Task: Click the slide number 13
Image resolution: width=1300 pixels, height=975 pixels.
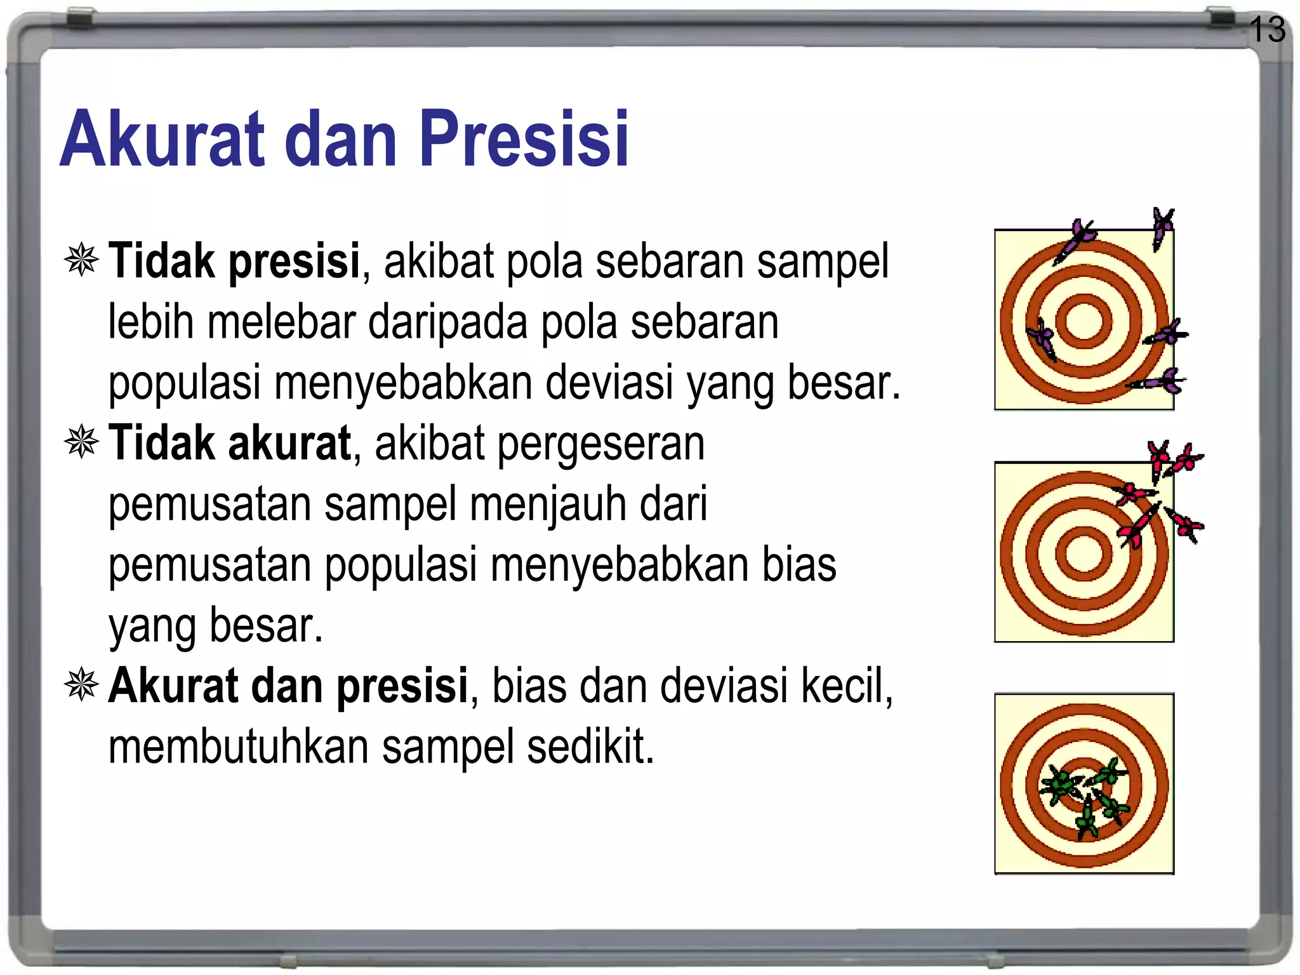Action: point(1267,29)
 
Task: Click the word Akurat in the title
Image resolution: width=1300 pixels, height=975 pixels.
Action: point(162,139)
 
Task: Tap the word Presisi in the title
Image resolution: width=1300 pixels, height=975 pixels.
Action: point(523,139)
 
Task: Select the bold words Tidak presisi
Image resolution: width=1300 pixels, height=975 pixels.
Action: point(234,261)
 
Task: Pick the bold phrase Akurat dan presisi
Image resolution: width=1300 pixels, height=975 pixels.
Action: point(288,686)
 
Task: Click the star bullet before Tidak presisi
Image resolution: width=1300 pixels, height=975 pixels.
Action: point(82,260)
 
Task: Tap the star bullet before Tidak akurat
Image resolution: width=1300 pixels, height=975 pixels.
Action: point(82,442)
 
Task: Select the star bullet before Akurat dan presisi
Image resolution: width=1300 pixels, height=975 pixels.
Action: point(82,686)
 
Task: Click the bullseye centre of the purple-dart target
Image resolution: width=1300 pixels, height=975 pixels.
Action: point(1084,321)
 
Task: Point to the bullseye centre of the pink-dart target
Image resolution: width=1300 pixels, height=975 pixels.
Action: point(1084,553)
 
